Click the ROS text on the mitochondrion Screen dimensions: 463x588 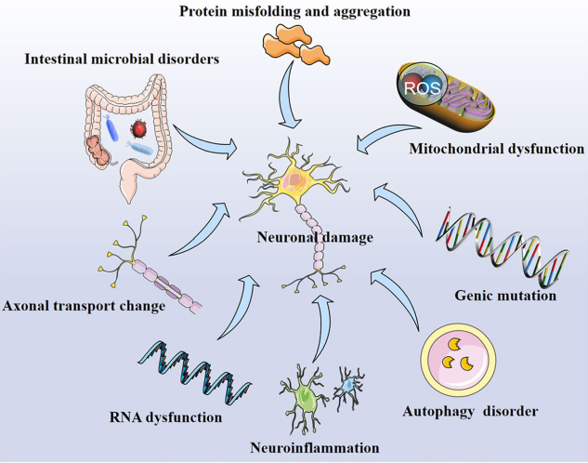[420, 89]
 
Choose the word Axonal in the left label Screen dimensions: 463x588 [29, 303]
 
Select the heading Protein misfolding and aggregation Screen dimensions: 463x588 [295, 10]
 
